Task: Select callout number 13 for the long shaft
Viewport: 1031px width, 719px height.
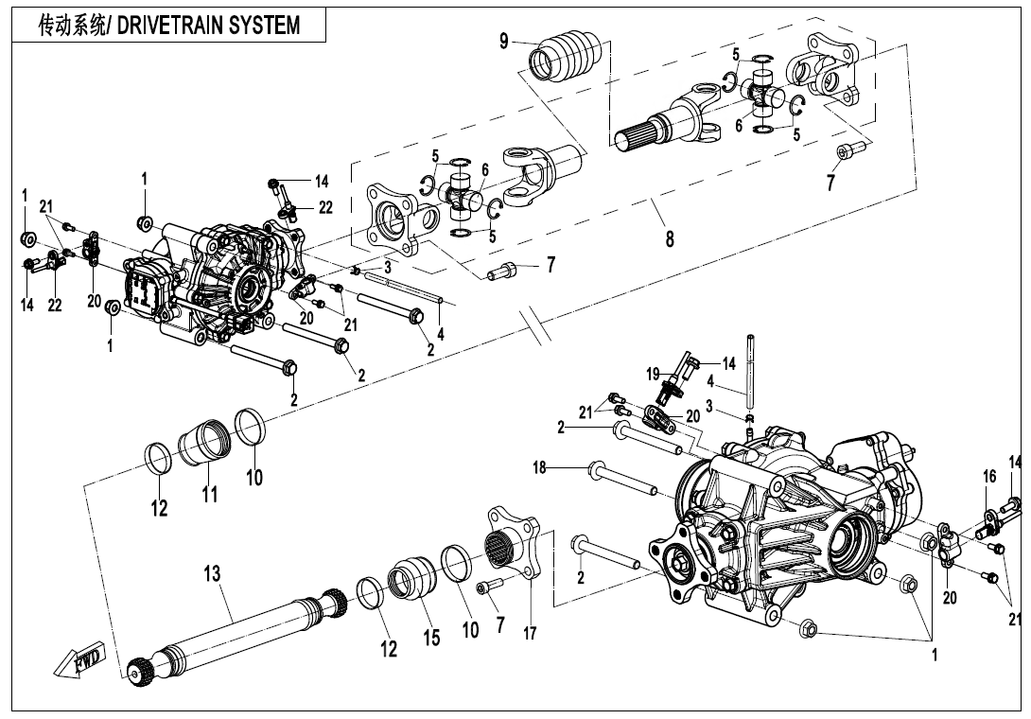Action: [211, 572]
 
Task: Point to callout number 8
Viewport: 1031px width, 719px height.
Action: [670, 238]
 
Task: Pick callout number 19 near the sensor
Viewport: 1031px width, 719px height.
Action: [654, 374]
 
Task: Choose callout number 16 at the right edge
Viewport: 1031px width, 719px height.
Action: [989, 477]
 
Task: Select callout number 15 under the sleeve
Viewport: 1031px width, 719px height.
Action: [431, 638]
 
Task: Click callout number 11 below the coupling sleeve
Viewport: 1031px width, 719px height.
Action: [209, 494]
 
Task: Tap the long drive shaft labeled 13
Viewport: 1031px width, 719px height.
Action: [236, 631]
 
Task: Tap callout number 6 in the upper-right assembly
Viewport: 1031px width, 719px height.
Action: [739, 126]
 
